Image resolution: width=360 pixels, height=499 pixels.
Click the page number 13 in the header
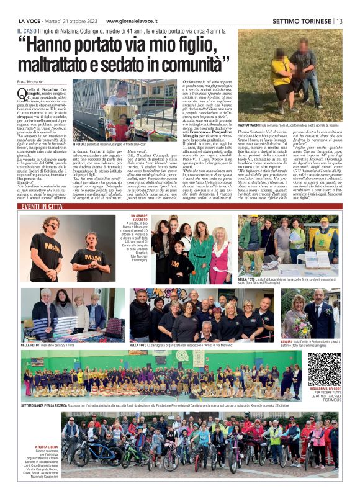[340, 20]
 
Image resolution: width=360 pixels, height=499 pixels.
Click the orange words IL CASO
[27, 30]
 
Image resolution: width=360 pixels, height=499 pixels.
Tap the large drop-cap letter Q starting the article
[22, 92]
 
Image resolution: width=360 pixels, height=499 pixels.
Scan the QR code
[325, 370]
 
